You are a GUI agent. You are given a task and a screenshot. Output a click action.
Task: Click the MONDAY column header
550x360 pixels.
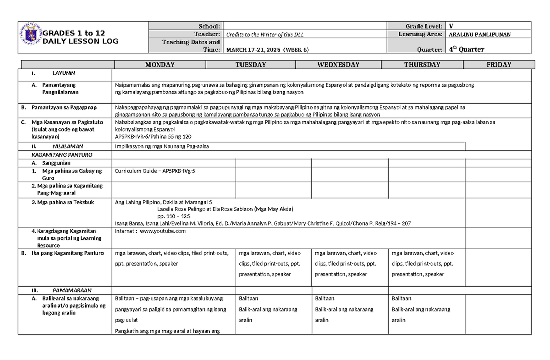click(x=159, y=65)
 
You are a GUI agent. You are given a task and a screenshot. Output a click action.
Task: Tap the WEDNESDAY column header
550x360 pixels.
click(x=338, y=65)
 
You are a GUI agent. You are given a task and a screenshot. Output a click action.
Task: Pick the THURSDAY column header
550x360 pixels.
click(x=422, y=65)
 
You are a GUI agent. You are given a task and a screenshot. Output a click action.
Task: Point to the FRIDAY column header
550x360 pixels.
click(x=499, y=65)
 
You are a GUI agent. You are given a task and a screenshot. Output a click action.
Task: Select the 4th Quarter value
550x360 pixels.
click(x=466, y=50)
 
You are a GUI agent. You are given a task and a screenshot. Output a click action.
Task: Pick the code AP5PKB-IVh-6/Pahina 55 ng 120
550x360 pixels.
click(x=153, y=137)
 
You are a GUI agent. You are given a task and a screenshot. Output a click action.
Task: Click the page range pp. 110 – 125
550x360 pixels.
click(x=173, y=216)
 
